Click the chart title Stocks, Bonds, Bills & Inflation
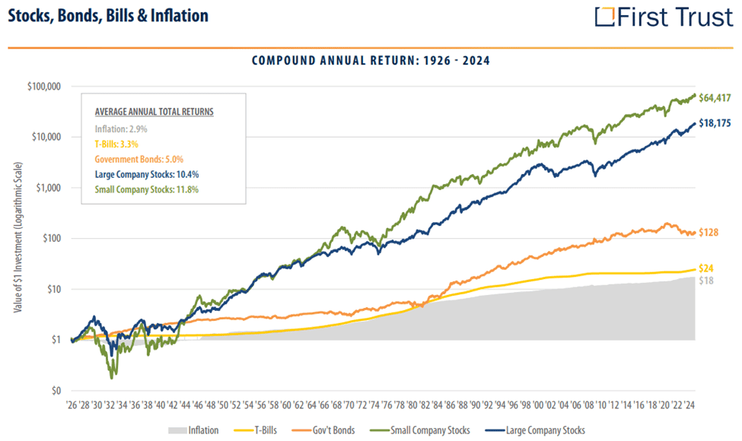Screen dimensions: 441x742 click(107, 16)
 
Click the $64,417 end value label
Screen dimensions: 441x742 click(718, 97)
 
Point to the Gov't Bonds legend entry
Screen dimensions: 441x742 click(344, 430)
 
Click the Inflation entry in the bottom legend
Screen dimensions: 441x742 click(196, 430)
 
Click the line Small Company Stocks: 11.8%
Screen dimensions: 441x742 click(146, 189)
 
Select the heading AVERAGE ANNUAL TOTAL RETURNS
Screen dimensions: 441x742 click(154, 111)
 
